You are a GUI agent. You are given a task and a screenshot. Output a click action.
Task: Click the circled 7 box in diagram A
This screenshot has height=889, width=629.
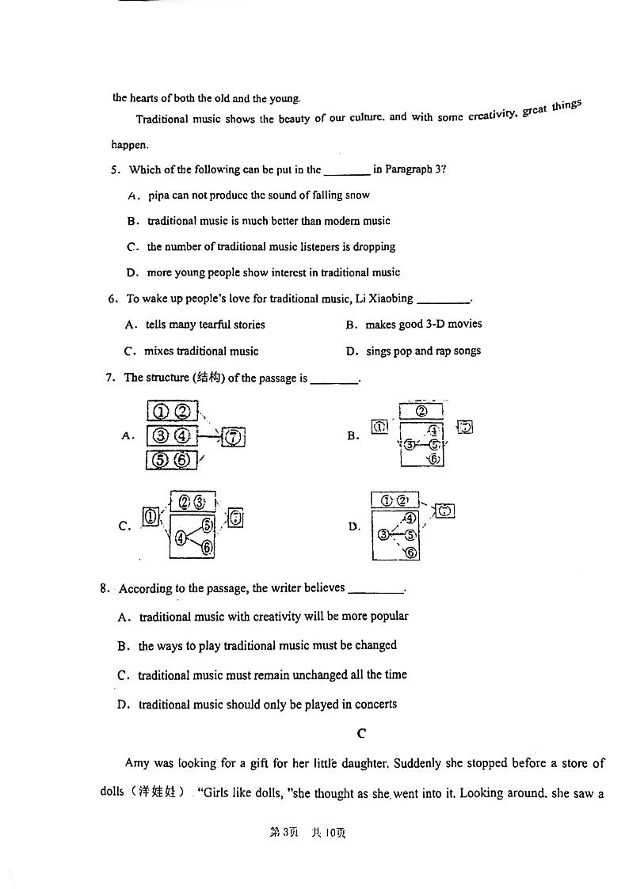[x=233, y=436]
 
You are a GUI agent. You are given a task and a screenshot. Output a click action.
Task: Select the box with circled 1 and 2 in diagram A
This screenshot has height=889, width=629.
[x=172, y=412]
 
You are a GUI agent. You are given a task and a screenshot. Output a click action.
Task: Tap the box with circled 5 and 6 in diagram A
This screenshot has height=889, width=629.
[x=172, y=459]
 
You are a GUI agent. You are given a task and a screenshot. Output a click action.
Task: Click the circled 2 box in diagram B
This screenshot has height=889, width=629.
[x=421, y=411]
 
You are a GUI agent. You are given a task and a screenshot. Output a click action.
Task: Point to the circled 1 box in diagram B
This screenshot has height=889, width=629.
[x=379, y=426]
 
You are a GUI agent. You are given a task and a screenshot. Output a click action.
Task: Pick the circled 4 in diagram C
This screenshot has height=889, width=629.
[x=181, y=538]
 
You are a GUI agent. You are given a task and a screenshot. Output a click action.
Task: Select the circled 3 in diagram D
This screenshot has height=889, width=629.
[x=383, y=535]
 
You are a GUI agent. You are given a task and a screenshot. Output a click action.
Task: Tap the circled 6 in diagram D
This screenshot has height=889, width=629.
[x=410, y=553]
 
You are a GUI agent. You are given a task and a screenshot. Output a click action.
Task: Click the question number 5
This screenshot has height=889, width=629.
[x=115, y=169]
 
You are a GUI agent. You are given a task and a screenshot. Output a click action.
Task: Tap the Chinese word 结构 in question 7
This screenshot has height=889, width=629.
[x=209, y=378]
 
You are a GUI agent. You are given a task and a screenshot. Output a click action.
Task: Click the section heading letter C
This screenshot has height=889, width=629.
[x=361, y=733]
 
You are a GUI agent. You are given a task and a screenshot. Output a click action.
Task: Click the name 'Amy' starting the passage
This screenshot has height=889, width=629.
[x=136, y=763]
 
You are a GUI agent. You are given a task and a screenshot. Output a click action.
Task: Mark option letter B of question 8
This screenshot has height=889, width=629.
[x=123, y=646]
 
